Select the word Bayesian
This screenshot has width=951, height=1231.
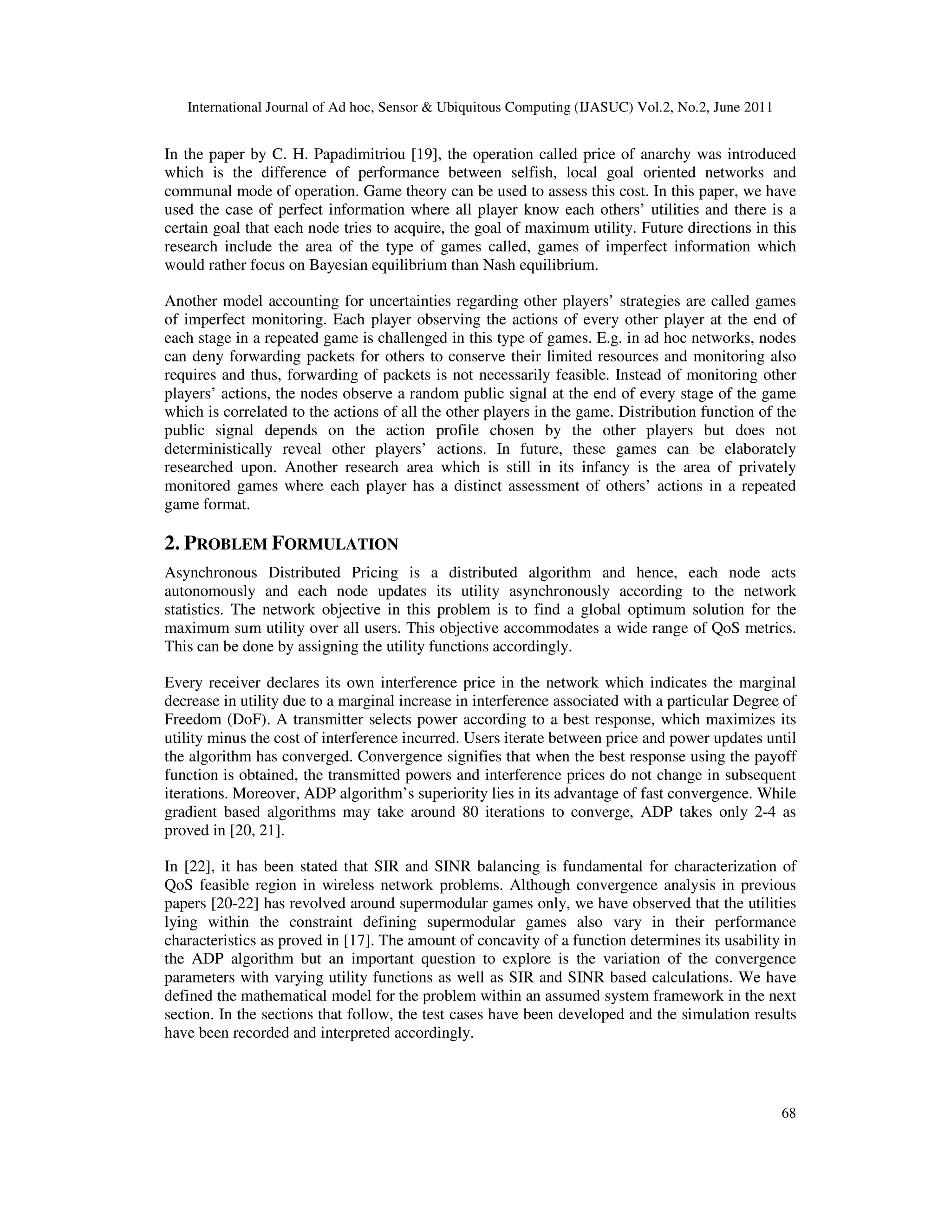click(339, 265)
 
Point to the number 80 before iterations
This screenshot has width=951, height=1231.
click(470, 812)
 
